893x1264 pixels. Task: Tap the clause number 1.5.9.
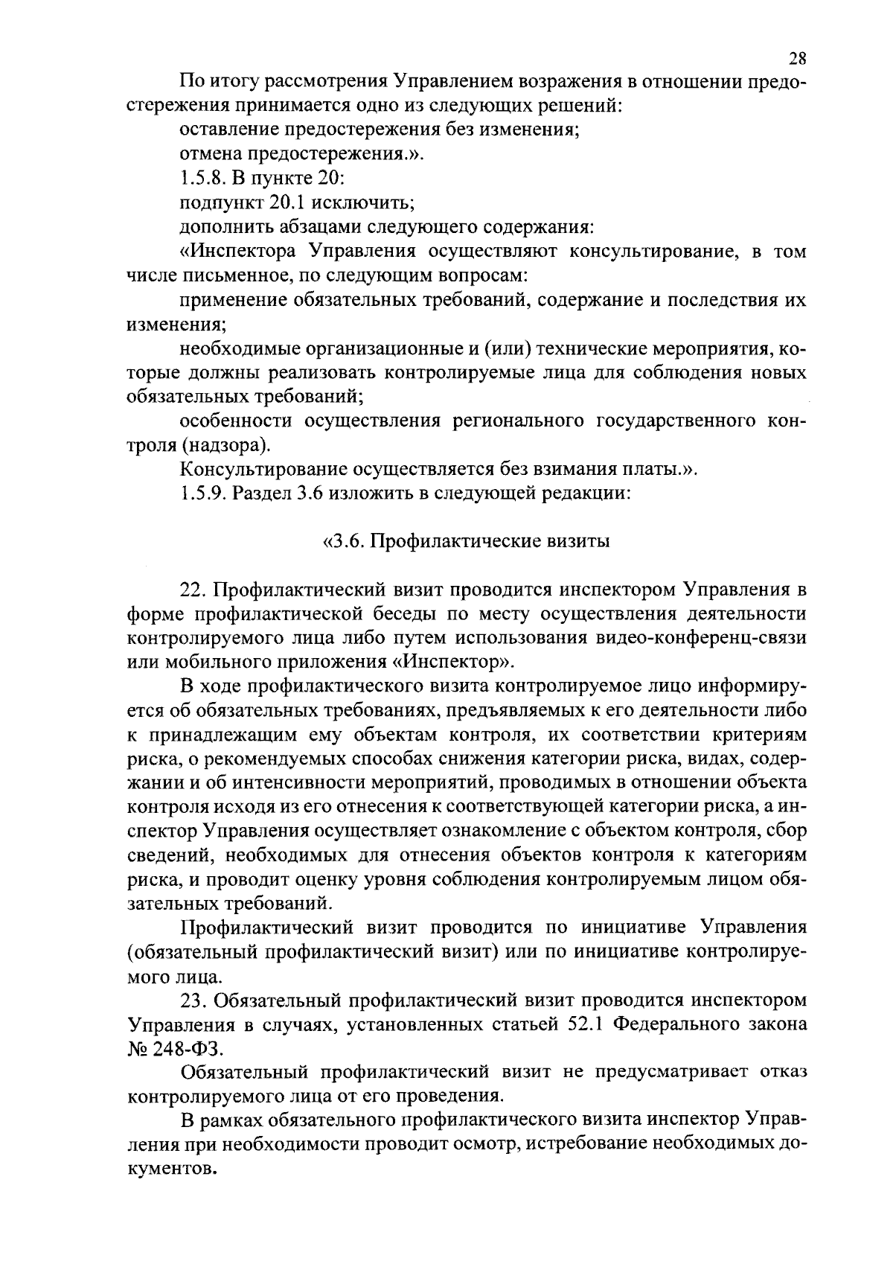pos(201,494)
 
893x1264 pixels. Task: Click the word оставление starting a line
pos(227,130)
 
